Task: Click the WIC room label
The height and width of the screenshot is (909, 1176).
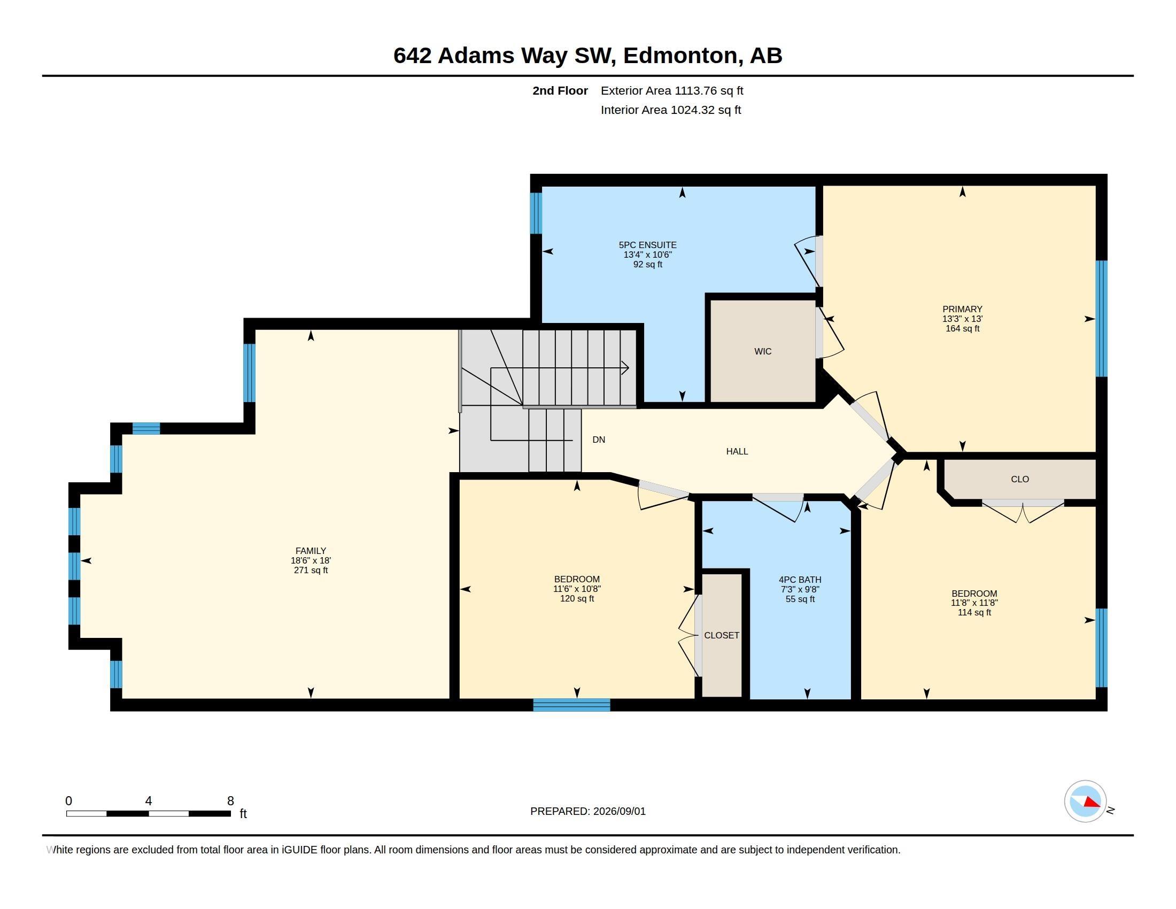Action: coord(762,352)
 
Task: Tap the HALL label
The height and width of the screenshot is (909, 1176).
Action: coord(737,451)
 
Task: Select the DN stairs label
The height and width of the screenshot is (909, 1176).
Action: coord(598,440)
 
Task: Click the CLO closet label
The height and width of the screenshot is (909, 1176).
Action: coord(1020,479)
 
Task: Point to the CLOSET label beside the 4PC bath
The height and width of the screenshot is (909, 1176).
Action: coord(722,635)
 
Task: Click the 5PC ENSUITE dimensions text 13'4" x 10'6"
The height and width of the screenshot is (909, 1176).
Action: coord(647,255)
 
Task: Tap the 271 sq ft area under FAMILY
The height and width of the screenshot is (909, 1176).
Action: coord(311,571)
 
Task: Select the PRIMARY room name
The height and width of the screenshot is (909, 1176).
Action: coord(962,309)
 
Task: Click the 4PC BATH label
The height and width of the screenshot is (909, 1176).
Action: coord(800,580)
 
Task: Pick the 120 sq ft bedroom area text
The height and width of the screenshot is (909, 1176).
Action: coord(577,599)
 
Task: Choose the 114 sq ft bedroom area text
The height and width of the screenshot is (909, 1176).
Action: coord(974,613)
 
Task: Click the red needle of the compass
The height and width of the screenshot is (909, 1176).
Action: coord(1092,803)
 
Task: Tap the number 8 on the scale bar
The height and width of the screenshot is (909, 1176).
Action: coord(230,801)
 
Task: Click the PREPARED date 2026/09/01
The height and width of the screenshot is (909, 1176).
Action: coord(619,811)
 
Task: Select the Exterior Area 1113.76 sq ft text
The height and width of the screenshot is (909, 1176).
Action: coord(672,90)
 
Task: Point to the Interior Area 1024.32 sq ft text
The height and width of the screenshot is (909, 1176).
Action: coord(671,110)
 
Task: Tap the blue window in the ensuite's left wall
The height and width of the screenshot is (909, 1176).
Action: coord(536,213)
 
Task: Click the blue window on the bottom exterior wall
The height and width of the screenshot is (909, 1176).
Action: coord(571,705)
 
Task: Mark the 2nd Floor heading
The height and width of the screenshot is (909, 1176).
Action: coord(560,90)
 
